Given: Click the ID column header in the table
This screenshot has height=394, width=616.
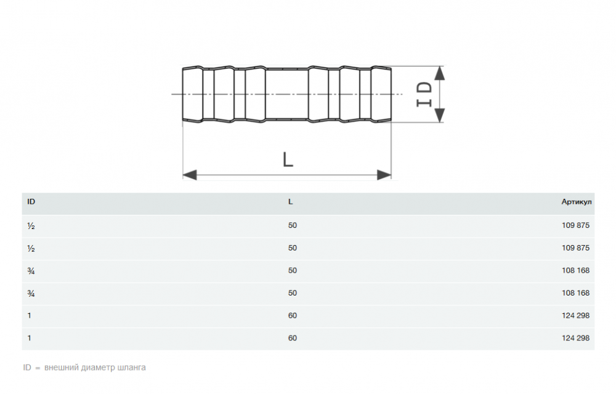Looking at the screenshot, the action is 31,202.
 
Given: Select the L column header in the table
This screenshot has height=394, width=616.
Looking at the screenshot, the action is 290,202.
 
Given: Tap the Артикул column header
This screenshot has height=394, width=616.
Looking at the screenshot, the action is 577,202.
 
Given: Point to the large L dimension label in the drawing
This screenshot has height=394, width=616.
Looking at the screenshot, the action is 288,159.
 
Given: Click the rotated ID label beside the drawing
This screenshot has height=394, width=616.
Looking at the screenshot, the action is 424,94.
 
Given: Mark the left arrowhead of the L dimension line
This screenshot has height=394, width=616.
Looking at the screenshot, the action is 190,175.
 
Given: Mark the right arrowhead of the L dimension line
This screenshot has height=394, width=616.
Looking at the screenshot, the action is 384,175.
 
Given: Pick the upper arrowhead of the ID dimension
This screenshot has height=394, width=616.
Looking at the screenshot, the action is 440,73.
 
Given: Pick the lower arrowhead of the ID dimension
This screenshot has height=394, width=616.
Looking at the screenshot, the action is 440,115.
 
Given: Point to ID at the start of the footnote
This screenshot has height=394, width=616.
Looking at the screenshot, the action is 26,368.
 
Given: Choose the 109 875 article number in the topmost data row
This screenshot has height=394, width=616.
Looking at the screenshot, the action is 575,225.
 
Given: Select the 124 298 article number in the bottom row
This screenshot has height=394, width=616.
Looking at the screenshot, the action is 575,338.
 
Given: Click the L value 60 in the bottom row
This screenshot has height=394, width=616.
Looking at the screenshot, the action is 292,338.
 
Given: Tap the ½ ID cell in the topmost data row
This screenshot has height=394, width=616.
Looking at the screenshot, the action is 31,226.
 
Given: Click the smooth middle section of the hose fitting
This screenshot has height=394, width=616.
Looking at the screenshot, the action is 287,94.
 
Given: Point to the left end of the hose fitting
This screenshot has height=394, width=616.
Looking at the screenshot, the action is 183,94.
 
